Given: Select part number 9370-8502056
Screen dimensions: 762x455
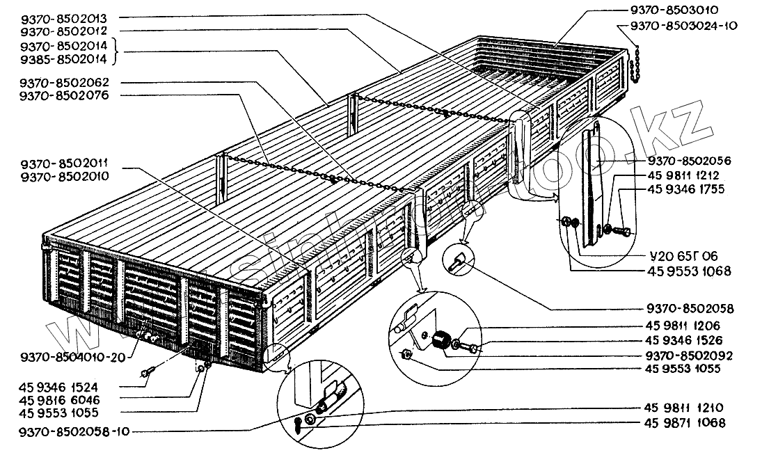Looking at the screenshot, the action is coord(686,161).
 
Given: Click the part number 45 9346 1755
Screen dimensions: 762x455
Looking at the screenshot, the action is coord(686,188).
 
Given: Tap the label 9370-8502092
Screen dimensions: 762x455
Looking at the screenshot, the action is coord(686,355).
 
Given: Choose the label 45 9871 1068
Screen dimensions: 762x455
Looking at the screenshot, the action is coord(686,422).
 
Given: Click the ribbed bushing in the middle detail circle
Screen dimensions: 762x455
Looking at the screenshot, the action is coord(440,341).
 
